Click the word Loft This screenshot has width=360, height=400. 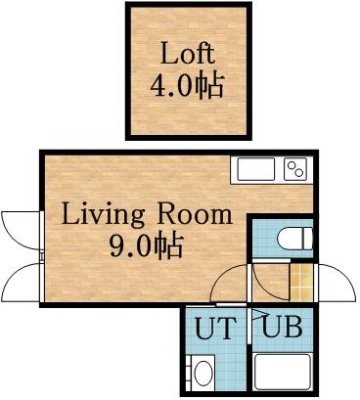[187, 53]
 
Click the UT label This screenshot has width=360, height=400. [214, 329]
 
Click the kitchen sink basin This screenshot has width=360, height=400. [255, 169]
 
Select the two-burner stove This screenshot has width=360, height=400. [295, 169]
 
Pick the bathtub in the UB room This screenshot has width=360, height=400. [284, 373]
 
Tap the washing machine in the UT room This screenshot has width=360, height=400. [204, 373]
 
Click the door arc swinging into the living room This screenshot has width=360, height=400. [231, 284]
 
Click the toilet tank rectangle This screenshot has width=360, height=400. [308, 239]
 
